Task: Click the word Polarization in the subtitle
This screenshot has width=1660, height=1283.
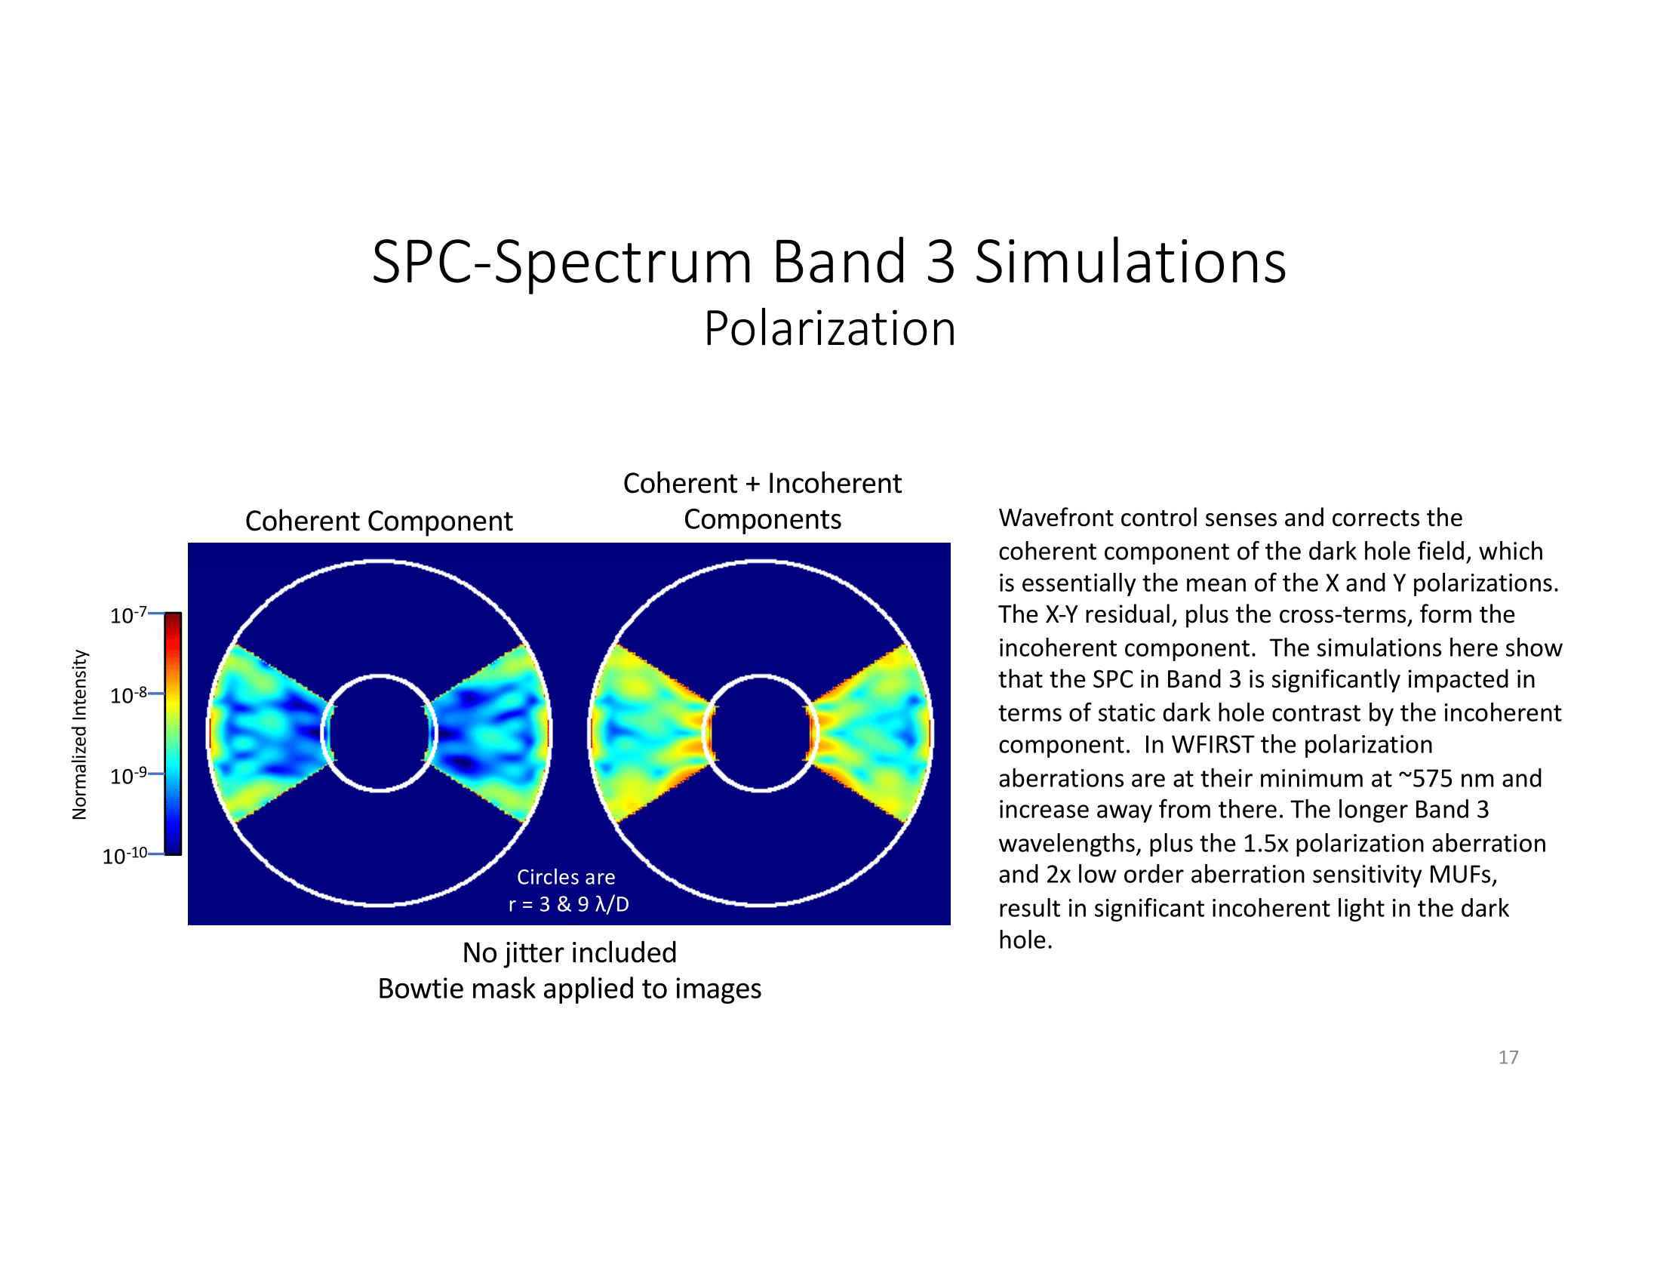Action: (829, 329)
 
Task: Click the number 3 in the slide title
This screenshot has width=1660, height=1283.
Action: (940, 261)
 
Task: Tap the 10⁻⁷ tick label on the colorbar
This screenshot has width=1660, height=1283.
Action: (128, 614)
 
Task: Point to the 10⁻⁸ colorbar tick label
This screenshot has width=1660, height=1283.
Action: (128, 694)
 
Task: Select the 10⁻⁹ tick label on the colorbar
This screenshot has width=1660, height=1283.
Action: (128, 775)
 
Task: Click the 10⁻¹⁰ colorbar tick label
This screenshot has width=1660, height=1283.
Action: (124, 856)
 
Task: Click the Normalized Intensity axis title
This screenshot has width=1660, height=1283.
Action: (80, 734)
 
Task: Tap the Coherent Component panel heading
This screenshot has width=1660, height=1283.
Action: (379, 522)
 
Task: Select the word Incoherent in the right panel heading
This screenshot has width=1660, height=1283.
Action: (834, 484)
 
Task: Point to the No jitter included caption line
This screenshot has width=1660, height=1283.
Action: (569, 952)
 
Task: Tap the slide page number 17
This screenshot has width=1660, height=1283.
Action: (1508, 1057)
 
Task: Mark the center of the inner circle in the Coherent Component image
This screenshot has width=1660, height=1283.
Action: (380, 733)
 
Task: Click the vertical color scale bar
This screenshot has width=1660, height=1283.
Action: (173, 734)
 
